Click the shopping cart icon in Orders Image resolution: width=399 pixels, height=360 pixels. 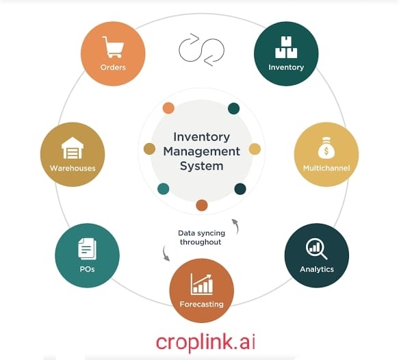point(113,47)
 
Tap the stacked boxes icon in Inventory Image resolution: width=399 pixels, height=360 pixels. point(286,47)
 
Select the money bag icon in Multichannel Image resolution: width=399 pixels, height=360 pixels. point(326,148)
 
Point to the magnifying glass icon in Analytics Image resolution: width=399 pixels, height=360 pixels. point(316,249)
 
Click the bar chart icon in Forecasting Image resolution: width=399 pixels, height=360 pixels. point(201,284)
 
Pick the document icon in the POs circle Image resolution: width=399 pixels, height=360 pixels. point(88,249)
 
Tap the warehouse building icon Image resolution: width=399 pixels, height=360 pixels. point(73,148)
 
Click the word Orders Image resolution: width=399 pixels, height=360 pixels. point(113,67)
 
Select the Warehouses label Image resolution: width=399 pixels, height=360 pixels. point(73,168)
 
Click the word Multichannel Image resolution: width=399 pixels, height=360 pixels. point(326,168)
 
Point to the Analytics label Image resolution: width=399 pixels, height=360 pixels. point(317,269)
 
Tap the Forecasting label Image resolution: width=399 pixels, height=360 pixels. point(201,304)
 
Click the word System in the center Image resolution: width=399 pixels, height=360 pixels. point(201,166)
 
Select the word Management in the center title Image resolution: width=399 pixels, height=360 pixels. point(201,151)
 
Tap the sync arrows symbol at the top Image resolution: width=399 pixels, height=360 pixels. point(201,50)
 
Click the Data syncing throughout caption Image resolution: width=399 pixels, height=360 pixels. point(201,237)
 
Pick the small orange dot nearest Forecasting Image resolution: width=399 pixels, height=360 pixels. point(202,205)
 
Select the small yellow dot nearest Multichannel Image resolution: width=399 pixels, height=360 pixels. point(255,149)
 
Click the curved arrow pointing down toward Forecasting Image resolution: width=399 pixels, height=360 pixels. point(165,253)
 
